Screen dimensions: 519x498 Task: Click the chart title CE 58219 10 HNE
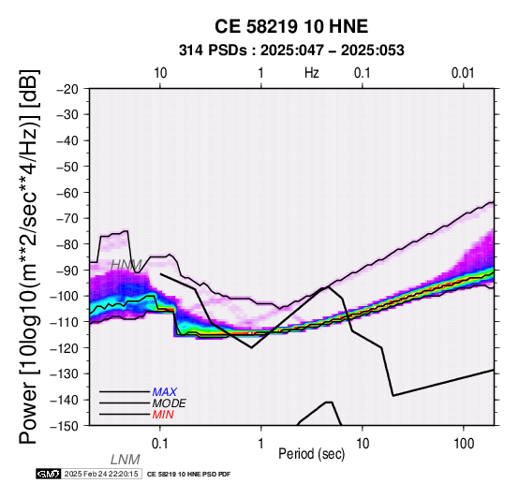tap(291, 26)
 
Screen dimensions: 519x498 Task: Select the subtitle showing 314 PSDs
tap(291, 51)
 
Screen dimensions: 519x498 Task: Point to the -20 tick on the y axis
tap(67, 89)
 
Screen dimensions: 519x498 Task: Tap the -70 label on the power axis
tap(67, 218)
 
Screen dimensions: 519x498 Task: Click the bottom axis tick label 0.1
tap(160, 444)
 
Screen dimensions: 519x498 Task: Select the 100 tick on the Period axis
tap(464, 444)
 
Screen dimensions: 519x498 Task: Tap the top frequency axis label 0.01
tap(463, 73)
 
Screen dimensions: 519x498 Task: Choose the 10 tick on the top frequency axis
tap(160, 73)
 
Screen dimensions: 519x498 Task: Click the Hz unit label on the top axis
tap(312, 73)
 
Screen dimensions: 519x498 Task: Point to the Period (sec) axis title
tap(312, 454)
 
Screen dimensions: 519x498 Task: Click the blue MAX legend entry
tap(164, 392)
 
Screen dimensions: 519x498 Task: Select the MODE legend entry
tap(170, 403)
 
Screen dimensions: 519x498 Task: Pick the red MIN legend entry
tap(163, 415)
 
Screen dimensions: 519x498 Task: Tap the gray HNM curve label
tap(126, 265)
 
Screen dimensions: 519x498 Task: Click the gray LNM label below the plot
tap(126, 460)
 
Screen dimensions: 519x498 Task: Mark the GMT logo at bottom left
tap(49, 474)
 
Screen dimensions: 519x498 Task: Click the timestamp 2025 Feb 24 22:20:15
tap(101, 474)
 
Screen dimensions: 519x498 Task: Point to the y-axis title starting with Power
tap(28, 256)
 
